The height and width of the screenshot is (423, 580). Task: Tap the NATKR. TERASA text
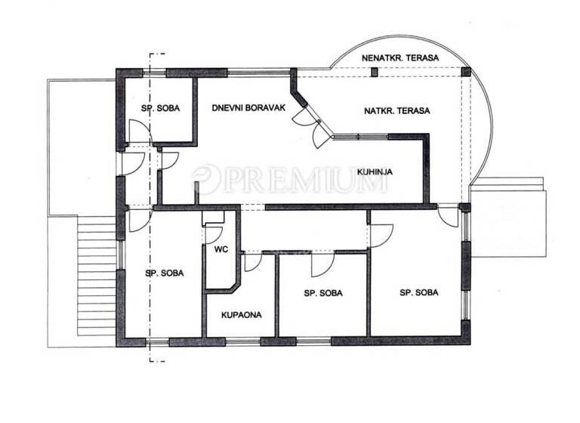click(x=397, y=111)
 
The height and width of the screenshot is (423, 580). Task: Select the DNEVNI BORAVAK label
click(x=248, y=108)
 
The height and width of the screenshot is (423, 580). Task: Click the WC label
click(x=221, y=248)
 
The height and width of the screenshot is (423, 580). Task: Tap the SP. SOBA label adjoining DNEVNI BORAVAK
click(x=160, y=108)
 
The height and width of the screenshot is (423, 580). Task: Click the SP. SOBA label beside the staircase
click(x=165, y=273)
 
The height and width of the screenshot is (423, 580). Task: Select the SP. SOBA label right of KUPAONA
click(x=323, y=292)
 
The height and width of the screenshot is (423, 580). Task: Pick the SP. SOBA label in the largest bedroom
click(x=418, y=292)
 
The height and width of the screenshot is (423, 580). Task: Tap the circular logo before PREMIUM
click(x=206, y=180)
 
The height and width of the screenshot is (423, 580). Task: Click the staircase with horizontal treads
click(x=97, y=275)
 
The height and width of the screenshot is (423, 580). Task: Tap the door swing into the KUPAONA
click(x=251, y=261)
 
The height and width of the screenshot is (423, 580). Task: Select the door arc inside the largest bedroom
click(x=381, y=236)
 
